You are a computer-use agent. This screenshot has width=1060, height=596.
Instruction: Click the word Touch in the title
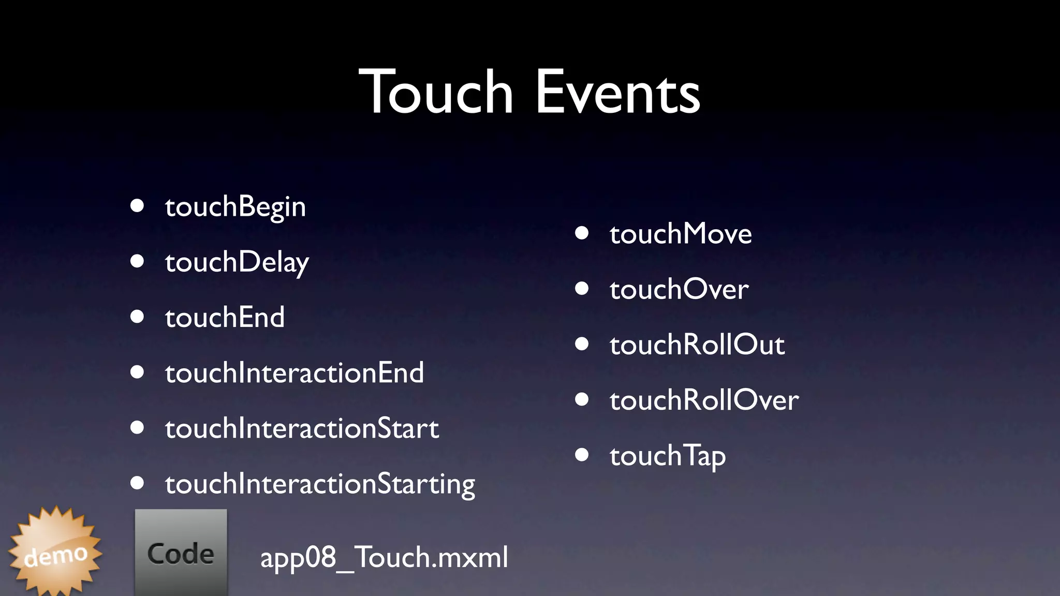[x=436, y=93]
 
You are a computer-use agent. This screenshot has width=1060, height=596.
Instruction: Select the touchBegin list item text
[x=235, y=207]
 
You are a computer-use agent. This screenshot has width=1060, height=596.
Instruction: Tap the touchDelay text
[x=237, y=262]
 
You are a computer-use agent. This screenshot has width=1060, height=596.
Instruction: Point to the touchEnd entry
[x=225, y=317]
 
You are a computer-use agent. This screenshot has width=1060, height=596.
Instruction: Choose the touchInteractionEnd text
[x=295, y=373]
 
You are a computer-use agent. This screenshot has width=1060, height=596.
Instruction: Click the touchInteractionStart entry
[x=302, y=428]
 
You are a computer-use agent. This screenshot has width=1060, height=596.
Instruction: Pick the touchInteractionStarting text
[x=320, y=484]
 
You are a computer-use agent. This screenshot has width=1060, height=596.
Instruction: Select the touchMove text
[x=681, y=234]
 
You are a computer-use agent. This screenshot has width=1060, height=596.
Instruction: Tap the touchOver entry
[x=679, y=289]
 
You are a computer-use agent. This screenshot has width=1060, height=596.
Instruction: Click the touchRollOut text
[x=697, y=345]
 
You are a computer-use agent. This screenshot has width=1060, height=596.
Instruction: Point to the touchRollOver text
[x=704, y=400]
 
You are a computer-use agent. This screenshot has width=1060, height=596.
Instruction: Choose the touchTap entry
[x=668, y=456]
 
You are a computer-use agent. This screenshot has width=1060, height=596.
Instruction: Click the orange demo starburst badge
[x=55, y=553]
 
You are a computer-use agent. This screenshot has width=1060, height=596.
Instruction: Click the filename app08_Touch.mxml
[x=384, y=557]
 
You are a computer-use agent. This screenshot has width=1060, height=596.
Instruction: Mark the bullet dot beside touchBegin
[x=137, y=205]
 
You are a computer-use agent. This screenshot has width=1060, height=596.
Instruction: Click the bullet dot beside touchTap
[x=582, y=455]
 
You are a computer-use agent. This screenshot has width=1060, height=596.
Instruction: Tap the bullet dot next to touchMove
[x=582, y=233]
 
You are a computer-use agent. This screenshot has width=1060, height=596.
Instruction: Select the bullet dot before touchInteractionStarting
[x=137, y=483]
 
